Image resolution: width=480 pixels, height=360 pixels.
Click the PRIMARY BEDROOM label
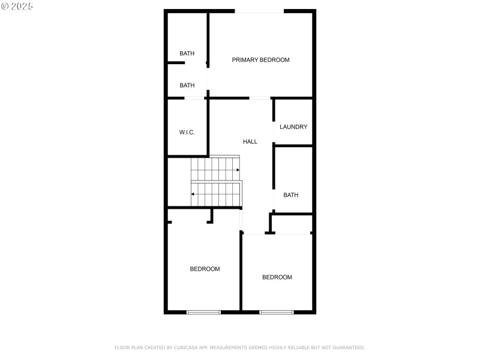click(x=260, y=60)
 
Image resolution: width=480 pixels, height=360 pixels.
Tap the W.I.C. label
click(x=187, y=132)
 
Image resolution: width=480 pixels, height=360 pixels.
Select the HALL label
click(x=250, y=142)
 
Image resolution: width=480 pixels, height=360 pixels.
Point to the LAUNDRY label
click(x=293, y=127)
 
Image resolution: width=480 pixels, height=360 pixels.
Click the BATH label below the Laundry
click(x=290, y=195)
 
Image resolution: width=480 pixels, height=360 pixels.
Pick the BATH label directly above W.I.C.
click(x=187, y=85)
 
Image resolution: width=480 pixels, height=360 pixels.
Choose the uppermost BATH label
click(x=187, y=53)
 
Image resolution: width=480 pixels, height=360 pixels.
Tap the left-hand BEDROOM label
click(x=205, y=269)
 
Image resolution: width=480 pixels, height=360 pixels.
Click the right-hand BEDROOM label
click(x=277, y=277)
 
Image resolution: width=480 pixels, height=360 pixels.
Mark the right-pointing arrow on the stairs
click(x=238, y=170)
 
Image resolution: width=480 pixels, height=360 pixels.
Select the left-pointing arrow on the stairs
click(x=193, y=194)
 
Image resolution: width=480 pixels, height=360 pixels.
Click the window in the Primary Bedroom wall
click(x=259, y=11)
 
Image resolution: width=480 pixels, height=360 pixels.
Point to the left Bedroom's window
click(x=203, y=312)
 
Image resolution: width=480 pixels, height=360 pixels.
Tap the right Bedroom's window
click(x=277, y=312)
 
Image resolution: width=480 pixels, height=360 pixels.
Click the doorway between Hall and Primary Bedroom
click(x=259, y=98)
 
